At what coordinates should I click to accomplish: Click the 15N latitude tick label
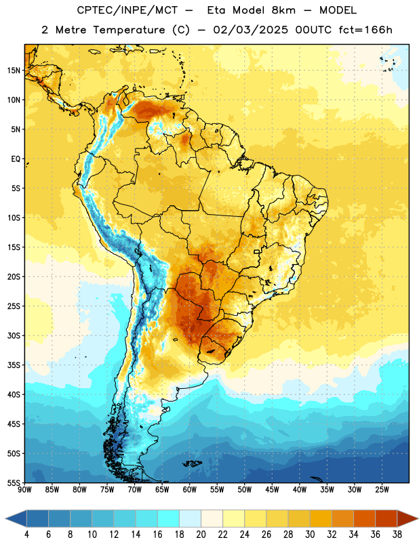[x=14, y=70]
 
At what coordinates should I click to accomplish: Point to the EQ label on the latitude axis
[x=16, y=159]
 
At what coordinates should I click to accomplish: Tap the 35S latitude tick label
[x=14, y=365]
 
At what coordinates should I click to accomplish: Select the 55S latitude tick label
[x=14, y=482]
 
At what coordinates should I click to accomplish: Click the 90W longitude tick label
[x=24, y=490]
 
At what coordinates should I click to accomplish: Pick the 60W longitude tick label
[x=190, y=490]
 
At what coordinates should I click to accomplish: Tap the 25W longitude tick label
[x=382, y=490]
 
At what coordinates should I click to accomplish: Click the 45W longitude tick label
[x=272, y=490]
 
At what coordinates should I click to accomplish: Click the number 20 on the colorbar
[x=201, y=535]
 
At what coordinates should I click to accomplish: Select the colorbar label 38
[x=397, y=535]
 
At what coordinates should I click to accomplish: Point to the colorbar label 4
[x=26, y=535]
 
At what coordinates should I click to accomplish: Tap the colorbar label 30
[x=310, y=535]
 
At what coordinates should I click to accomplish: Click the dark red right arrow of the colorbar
[x=407, y=518]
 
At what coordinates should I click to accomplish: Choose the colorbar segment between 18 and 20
[x=190, y=518]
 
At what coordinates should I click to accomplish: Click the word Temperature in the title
[x=129, y=30]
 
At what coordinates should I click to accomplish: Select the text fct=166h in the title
[x=365, y=30]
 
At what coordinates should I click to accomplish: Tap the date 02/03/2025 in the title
[x=250, y=30]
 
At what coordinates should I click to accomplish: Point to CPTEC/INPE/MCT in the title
[x=127, y=10]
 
